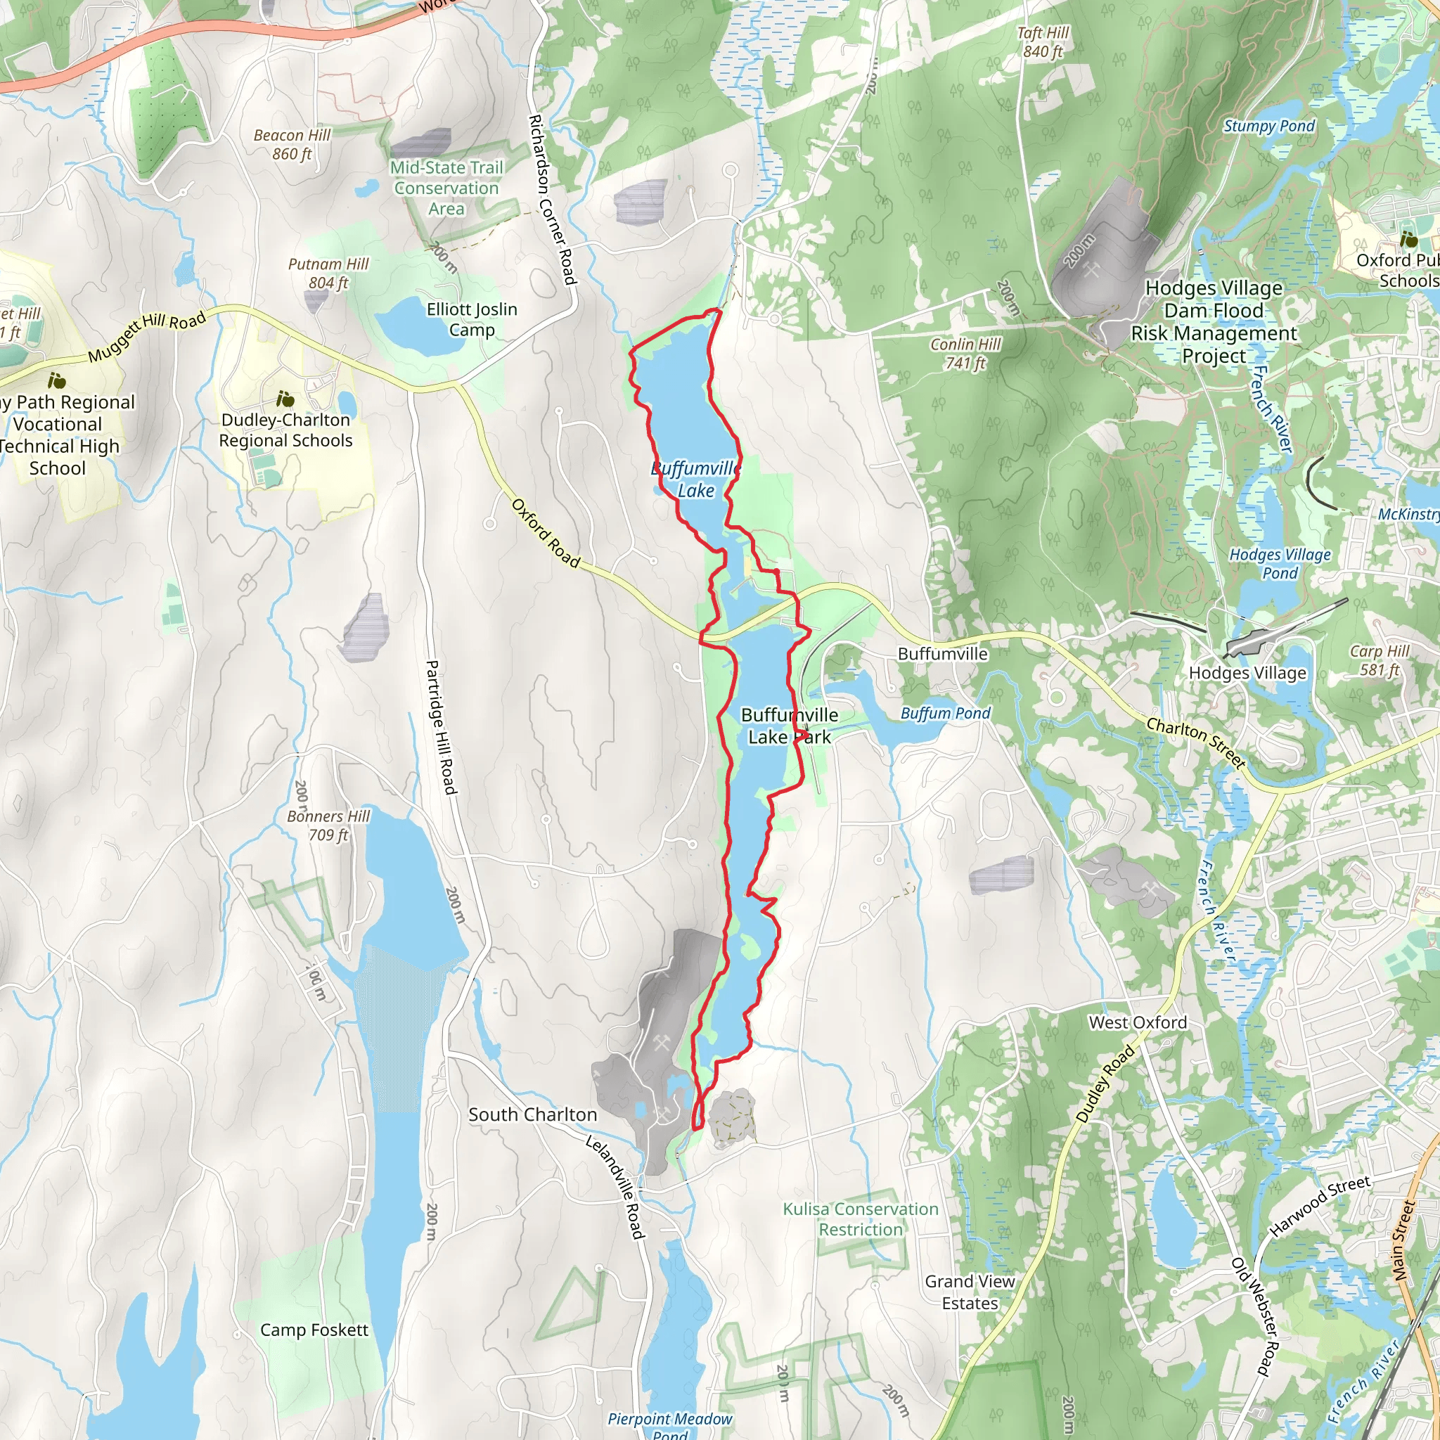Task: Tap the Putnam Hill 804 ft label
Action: [328, 274]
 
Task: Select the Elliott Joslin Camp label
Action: [472, 320]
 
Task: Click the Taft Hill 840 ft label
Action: [1043, 41]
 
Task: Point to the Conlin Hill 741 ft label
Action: [965, 353]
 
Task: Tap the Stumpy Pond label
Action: [1268, 126]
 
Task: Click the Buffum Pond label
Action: [945, 713]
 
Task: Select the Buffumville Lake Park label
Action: [790, 726]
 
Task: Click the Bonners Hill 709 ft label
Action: [328, 826]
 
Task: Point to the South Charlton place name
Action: [533, 1114]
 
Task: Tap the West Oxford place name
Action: [1138, 1022]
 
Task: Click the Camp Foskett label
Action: [314, 1330]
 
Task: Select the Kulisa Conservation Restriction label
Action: [860, 1219]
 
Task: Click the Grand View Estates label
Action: [970, 1292]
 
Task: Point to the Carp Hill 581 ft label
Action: [1380, 660]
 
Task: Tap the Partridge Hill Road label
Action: [440, 727]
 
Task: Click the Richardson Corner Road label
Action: [553, 199]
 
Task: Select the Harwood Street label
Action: [1320, 1205]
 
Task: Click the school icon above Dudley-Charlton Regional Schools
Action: [284, 399]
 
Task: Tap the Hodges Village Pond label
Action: [1280, 563]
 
